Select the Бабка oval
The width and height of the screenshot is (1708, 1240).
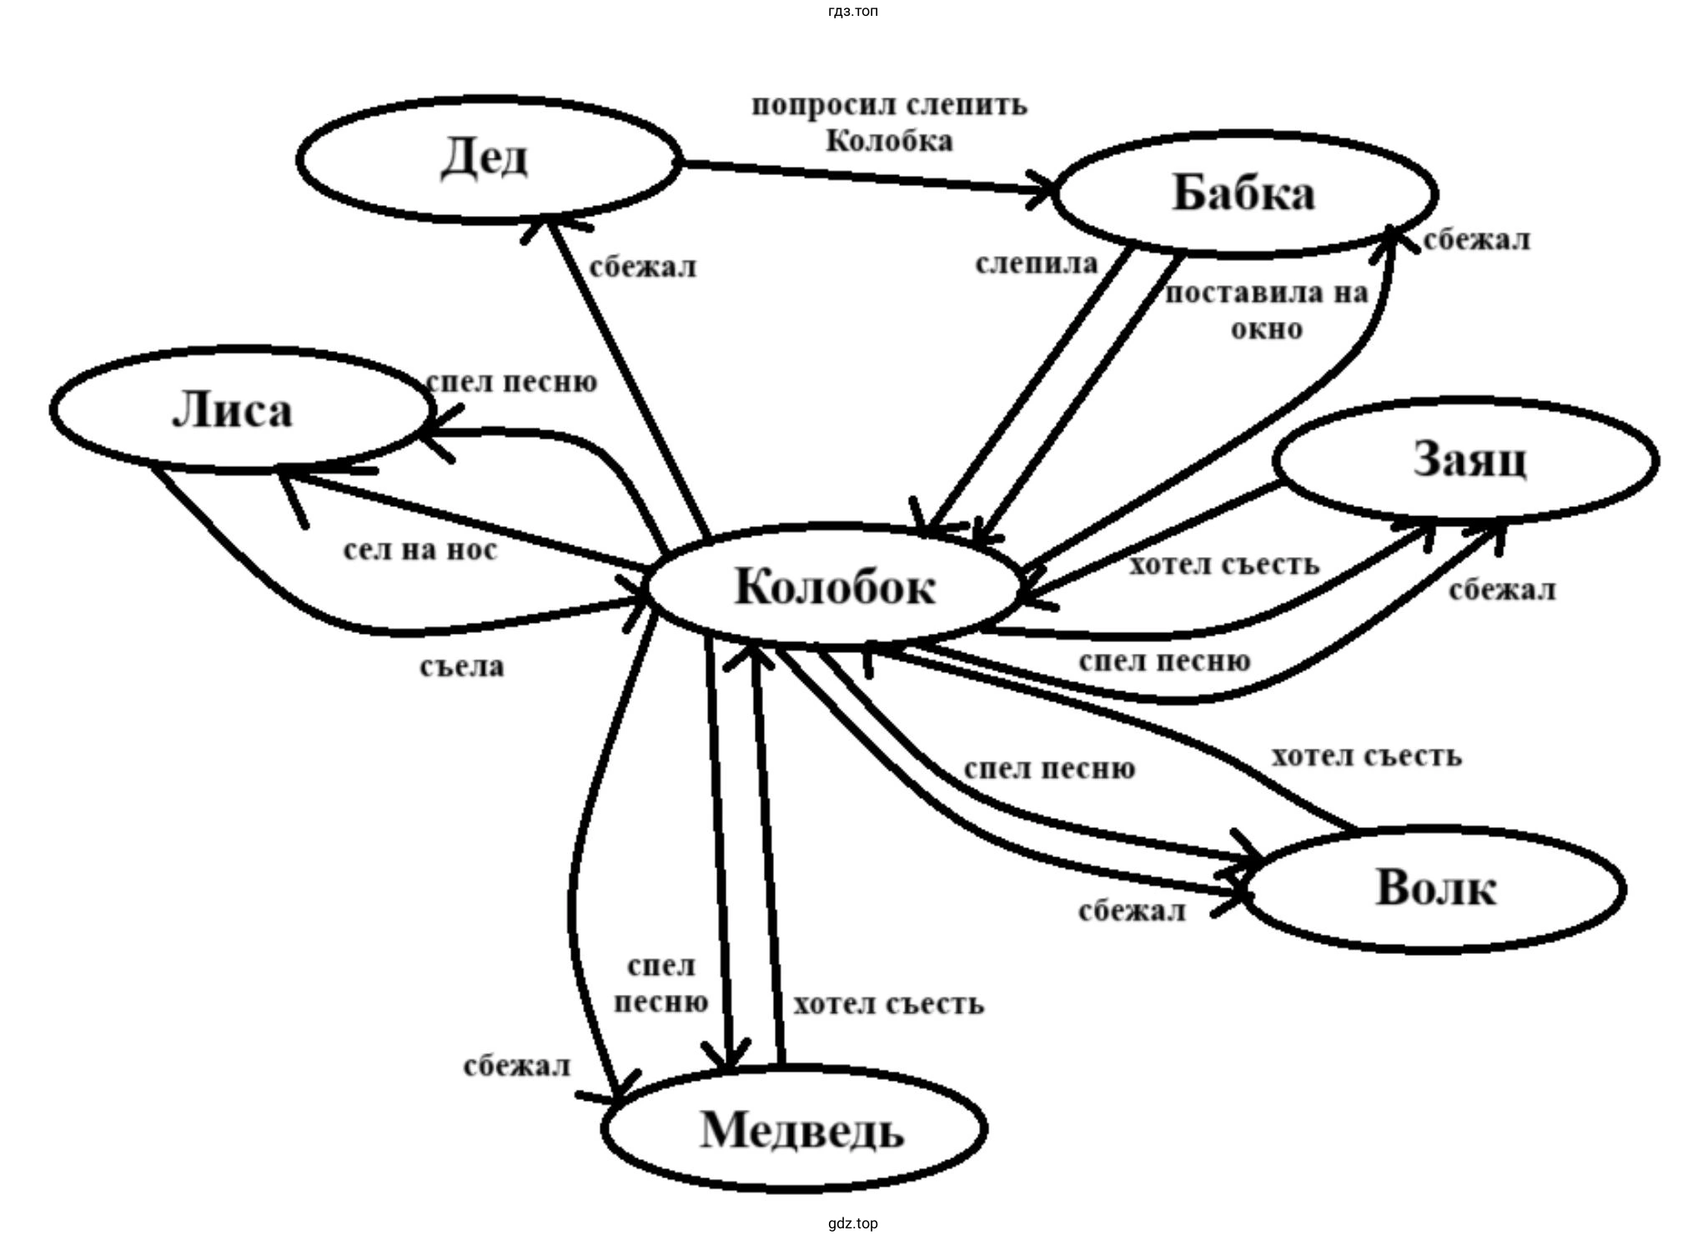[1244, 193]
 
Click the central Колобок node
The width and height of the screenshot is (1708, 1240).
[834, 586]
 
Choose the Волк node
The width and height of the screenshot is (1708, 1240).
[1434, 888]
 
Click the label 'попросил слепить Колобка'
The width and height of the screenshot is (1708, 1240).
[889, 123]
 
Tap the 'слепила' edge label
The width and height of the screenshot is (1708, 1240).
[1037, 264]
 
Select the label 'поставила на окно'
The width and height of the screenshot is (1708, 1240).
[1267, 311]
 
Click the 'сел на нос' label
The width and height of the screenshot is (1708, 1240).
[420, 550]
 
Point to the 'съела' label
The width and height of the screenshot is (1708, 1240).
[462, 667]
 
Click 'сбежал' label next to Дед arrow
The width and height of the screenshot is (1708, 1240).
[642, 268]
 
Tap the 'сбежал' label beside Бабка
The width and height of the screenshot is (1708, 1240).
[1476, 240]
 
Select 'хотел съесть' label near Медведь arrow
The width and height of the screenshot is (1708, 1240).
[888, 1004]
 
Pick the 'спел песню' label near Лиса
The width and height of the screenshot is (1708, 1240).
[511, 382]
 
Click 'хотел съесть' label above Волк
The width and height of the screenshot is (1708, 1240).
[1366, 756]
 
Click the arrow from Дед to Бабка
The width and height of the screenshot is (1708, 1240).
[867, 178]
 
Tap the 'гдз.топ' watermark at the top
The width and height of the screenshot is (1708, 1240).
[853, 12]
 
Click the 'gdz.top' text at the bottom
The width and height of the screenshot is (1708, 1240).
[853, 1223]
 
